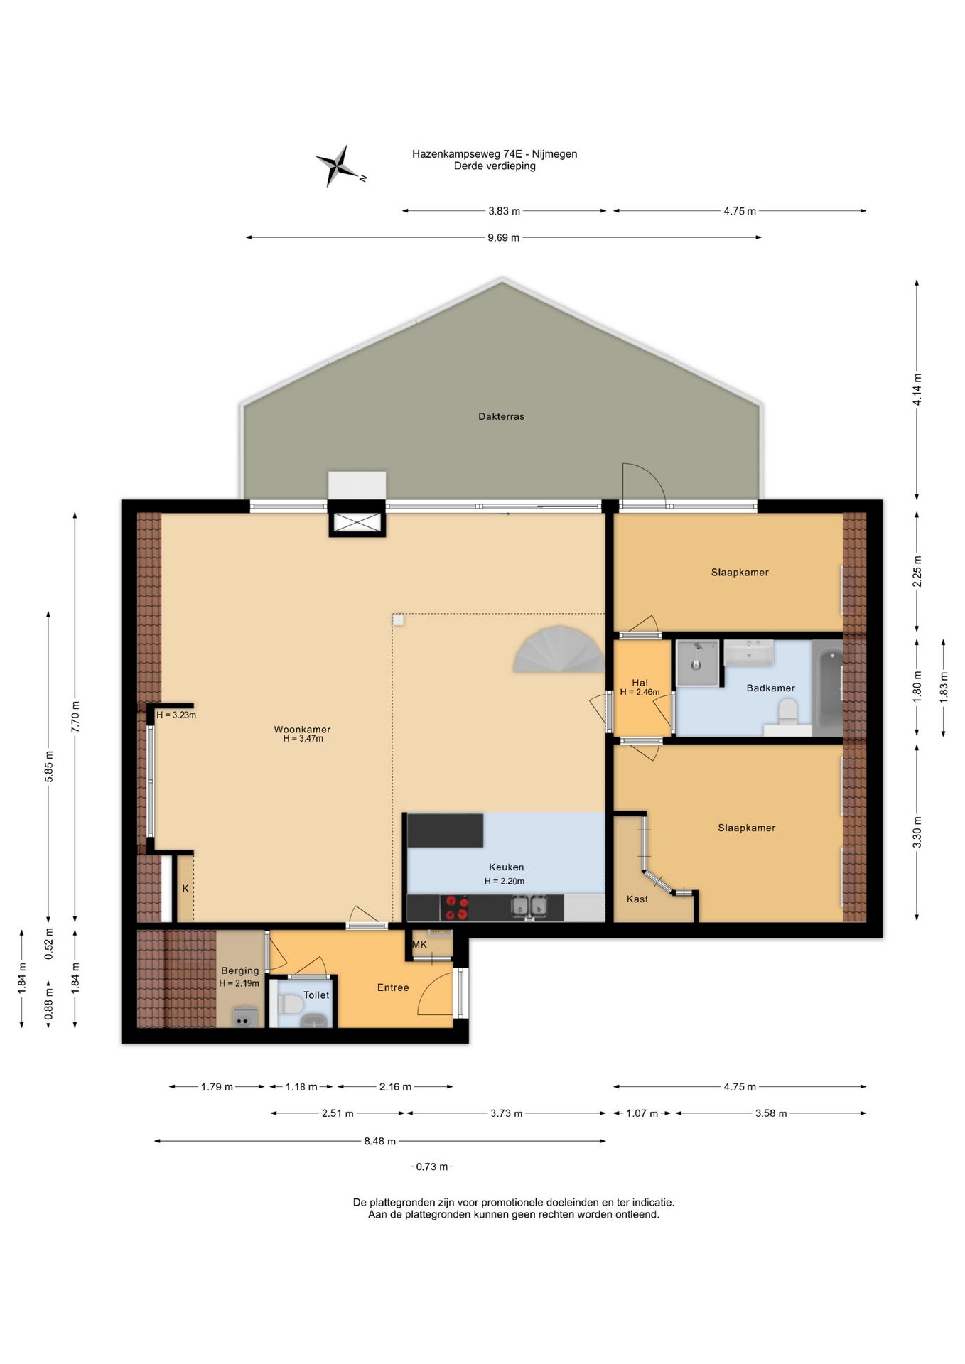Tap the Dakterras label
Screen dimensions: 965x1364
501,416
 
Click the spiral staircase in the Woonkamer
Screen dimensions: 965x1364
558,649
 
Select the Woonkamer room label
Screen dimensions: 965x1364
302,729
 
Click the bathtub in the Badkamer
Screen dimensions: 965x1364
826,688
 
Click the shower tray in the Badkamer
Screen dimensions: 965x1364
697,663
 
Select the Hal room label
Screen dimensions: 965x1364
640,683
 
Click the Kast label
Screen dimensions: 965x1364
637,899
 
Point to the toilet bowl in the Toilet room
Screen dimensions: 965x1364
291,1005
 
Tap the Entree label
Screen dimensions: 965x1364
393,987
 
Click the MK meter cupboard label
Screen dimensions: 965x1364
419,944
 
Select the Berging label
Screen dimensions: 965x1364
239,970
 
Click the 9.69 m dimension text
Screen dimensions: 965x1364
503,237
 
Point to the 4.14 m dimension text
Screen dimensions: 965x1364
917,389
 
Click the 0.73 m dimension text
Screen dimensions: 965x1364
432,1167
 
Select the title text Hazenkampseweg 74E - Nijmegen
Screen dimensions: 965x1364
495,153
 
